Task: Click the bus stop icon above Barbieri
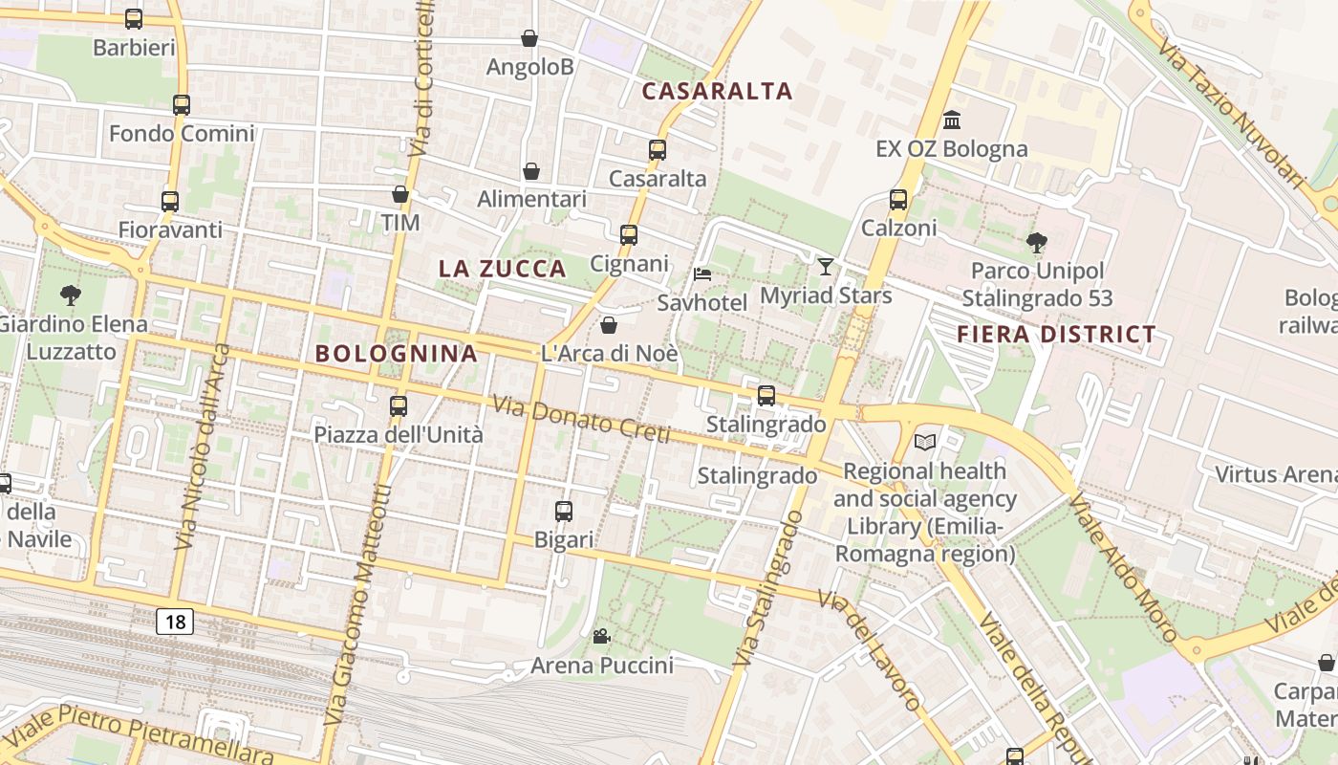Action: pos(134,18)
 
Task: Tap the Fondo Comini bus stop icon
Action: pos(182,105)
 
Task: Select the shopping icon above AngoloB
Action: pos(529,38)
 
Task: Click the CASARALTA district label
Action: pos(718,91)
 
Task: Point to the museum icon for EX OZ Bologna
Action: pos(952,120)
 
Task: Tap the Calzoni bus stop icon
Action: pos(898,200)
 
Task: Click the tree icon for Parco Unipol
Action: pos(1036,243)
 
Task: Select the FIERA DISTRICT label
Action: pos(1056,335)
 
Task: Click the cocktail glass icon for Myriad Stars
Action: pos(826,267)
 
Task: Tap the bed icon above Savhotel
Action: pos(702,274)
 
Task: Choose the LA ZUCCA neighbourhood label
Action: pos(503,269)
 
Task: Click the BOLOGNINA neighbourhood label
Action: pos(397,353)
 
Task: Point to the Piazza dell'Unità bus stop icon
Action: pos(399,406)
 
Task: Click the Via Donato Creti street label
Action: pos(581,419)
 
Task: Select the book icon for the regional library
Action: pos(924,442)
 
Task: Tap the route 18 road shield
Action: pos(175,622)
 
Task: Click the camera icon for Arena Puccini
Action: pos(601,637)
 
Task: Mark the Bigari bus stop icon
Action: pos(564,512)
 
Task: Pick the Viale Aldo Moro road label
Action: pos(1123,570)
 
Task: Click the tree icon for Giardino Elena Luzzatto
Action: pos(70,295)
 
